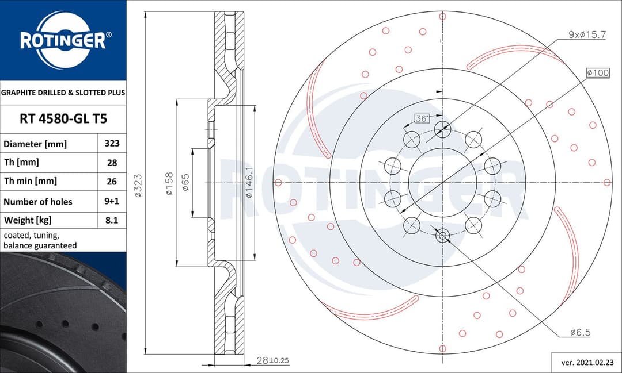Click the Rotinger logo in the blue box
63,40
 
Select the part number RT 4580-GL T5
63,119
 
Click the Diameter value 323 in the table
112,144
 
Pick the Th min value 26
112,181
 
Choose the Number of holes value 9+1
112,201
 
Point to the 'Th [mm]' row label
21,163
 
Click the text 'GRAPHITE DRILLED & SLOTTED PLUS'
63,92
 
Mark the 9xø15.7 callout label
587,34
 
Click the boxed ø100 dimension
597,73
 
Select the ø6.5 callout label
580,332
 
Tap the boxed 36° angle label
422,118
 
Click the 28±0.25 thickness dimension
272,360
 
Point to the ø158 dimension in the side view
169,183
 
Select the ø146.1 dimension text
249,183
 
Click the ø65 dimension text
186,183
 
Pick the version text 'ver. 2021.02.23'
586,362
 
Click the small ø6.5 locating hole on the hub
442,235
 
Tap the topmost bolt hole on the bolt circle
442,129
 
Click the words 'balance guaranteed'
40,245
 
